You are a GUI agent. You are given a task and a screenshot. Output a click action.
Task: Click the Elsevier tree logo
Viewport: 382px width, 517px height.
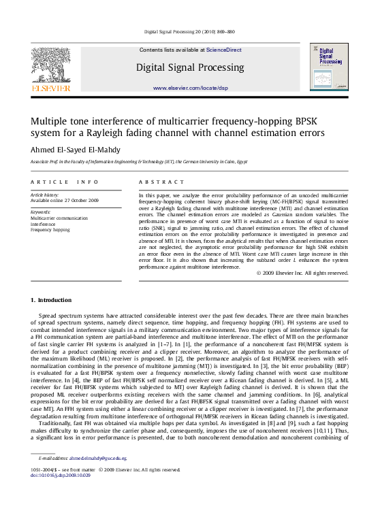click(51, 64)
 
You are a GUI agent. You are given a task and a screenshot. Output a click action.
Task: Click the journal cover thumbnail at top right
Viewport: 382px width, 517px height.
click(330, 67)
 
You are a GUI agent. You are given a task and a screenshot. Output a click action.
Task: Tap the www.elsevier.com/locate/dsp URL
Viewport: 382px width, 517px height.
click(190, 88)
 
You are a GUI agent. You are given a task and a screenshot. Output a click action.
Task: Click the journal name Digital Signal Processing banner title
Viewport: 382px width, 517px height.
click(190, 67)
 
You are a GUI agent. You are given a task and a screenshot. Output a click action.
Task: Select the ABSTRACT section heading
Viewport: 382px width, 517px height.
click(161, 182)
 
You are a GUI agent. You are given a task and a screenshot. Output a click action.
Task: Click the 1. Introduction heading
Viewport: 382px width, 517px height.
click(51, 300)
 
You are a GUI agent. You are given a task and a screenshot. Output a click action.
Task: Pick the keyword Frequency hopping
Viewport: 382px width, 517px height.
click(50, 230)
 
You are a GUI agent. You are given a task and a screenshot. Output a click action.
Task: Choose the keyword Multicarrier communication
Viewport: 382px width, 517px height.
click(59, 218)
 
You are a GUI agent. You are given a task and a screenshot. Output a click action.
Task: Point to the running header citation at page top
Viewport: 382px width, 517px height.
click(190, 32)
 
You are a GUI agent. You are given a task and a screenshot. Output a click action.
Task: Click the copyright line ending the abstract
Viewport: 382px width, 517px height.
click(292, 273)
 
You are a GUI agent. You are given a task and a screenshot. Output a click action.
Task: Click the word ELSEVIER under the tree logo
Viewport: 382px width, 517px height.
click(51, 88)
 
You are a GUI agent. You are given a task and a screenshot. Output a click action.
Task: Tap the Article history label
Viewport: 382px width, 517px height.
click(46, 195)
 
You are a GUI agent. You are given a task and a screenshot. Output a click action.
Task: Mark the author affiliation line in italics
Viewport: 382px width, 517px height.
click(138, 163)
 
